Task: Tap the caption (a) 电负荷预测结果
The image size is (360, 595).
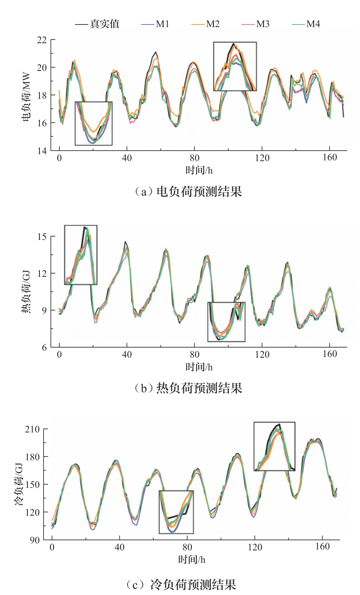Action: tap(188, 191)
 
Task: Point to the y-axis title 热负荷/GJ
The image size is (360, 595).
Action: tap(26, 291)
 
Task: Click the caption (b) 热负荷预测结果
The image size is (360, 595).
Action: tap(188, 388)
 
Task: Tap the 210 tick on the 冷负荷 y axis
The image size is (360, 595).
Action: tap(32, 429)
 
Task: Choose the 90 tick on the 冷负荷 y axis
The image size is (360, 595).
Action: tap(35, 540)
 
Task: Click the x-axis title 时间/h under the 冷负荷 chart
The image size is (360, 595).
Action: tap(192, 560)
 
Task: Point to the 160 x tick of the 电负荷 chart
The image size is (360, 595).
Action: tap(330, 158)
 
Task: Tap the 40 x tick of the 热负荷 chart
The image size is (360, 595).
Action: tap(127, 354)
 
